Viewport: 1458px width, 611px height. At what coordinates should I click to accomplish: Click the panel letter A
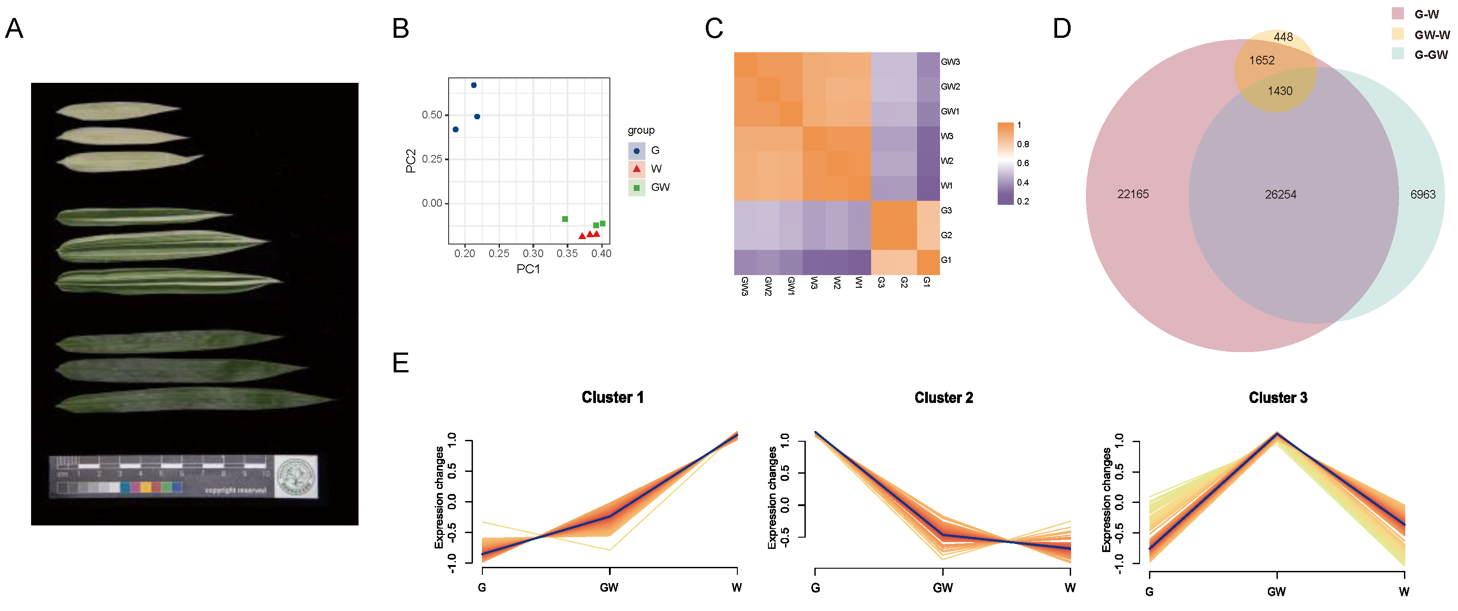[14, 28]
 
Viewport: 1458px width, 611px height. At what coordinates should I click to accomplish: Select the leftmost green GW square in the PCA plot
[565, 219]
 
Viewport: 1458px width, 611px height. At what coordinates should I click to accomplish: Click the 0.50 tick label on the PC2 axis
[432, 115]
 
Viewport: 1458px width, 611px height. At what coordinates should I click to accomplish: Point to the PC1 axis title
[527, 269]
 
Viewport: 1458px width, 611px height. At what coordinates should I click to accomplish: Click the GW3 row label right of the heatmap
[950, 62]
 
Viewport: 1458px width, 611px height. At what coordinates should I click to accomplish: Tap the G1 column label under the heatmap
[927, 282]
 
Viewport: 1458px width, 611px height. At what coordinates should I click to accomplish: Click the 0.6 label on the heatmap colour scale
[1023, 163]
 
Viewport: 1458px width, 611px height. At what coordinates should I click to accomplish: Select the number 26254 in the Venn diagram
[1280, 195]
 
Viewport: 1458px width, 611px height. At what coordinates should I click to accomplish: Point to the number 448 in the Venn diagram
[1283, 37]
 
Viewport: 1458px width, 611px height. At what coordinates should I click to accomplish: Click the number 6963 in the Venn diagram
[1422, 195]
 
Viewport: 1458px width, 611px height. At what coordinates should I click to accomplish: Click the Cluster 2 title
[944, 398]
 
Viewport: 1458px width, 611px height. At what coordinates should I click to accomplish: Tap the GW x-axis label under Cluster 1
[609, 588]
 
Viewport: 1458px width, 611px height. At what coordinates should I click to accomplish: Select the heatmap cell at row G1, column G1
[928, 263]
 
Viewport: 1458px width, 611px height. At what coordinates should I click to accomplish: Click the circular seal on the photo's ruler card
[296, 476]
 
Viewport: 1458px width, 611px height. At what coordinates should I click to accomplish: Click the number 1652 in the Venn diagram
[1262, 60]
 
